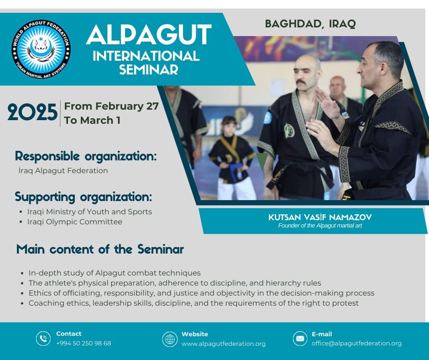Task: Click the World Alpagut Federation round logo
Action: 41,49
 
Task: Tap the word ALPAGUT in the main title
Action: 149,35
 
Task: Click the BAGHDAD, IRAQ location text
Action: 310,24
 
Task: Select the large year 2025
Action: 32,112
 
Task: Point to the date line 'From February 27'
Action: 111,106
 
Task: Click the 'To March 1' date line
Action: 92,120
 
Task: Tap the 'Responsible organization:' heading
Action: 86,156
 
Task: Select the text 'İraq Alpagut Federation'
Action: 63,170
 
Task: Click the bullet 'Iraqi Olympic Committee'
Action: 75,222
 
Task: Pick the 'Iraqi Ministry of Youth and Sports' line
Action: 89,212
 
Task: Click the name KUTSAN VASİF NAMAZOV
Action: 320,217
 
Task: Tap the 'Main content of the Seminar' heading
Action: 100,249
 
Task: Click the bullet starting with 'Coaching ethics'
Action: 194,303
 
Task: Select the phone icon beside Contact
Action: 43,339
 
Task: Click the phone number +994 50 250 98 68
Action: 84,343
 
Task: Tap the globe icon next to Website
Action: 170,339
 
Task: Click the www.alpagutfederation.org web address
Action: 224,344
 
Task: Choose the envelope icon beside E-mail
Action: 300,339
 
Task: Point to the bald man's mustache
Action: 301,82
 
